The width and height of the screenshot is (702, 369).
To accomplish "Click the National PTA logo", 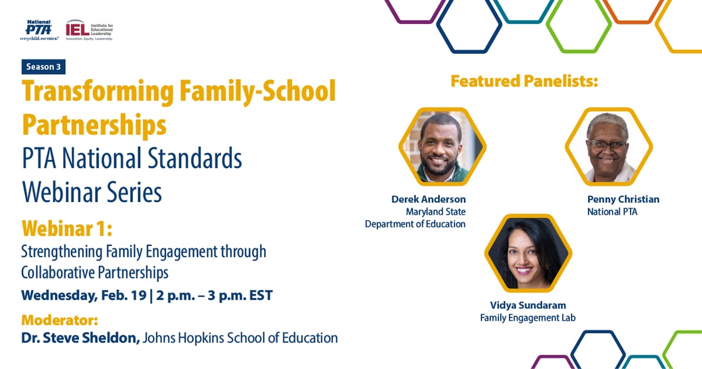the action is click(x=39, y=31).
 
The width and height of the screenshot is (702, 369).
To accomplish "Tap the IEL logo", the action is click(x=90, y=31).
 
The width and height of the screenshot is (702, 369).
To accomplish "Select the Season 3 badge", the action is click(x=43, y=67).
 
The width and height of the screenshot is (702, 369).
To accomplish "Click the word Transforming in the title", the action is click(x=98, y=92).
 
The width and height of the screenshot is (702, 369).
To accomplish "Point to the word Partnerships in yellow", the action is click(x=94, y=125).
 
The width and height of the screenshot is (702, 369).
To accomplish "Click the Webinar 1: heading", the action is click(x=66, y=228).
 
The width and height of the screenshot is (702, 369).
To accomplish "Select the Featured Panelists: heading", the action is click(x=524, y=81).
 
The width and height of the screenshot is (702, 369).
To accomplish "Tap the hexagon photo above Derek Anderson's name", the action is click(x=443, y=147).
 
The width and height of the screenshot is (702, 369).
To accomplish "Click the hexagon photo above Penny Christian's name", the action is click(x=609, y=147).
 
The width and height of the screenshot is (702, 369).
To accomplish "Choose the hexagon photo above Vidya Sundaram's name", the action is click(x=528, y=254).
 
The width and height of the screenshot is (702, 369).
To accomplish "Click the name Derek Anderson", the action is click(x=429, y=199).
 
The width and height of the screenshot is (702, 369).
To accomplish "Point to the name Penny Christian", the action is click(x=623, y=199).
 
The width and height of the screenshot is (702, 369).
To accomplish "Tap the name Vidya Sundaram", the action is click(x=528, y=306).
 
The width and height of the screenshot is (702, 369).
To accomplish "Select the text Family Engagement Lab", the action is click(x=528, y=318).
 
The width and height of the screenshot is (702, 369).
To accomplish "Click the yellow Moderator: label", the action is click(x=60, y=320).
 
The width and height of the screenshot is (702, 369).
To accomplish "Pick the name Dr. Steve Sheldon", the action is click(x=81, y=338).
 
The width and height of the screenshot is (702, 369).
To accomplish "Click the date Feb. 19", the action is click(x=123, y=296).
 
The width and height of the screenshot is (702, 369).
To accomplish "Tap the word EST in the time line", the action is click(x=259, y=296).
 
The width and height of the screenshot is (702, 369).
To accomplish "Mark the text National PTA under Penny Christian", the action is click(x=612, y=211).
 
